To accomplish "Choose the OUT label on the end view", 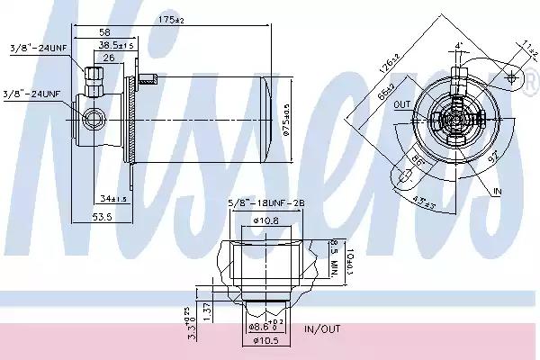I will click(x=401, y=105).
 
